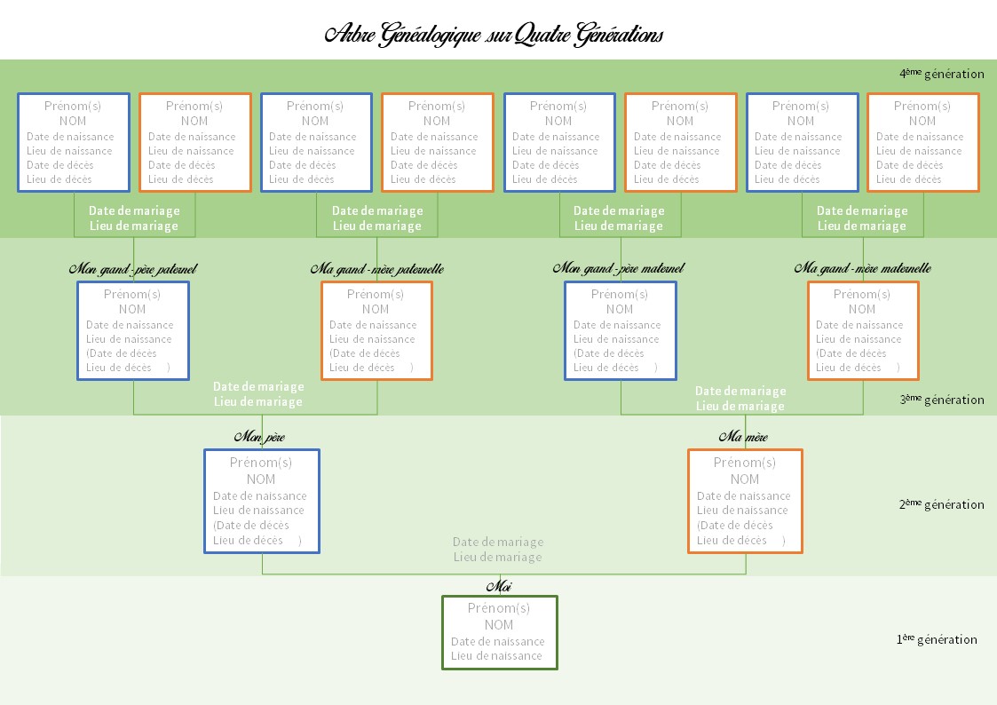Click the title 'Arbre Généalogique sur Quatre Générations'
(494, 35)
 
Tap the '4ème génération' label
(942, 74)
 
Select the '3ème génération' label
(942, 400)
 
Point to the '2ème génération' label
(942, 504)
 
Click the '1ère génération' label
(937, 639)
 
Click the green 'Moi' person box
(500, 632)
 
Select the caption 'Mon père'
(259, 437)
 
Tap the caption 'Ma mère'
(743, 437)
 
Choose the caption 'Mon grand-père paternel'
(133, 269)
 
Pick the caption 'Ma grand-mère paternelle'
(377, 269)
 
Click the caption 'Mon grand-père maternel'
(619, 269)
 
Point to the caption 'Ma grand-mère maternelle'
(863, 269)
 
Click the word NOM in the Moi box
(499, 625)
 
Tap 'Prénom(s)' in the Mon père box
(261, 463)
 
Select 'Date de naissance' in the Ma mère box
(743, 495)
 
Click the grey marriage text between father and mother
(498, 550)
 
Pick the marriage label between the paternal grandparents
(258, 394)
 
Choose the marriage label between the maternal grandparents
(740, 399)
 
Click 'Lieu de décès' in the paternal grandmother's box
(362, 368)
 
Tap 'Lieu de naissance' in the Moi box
(496, 656)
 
